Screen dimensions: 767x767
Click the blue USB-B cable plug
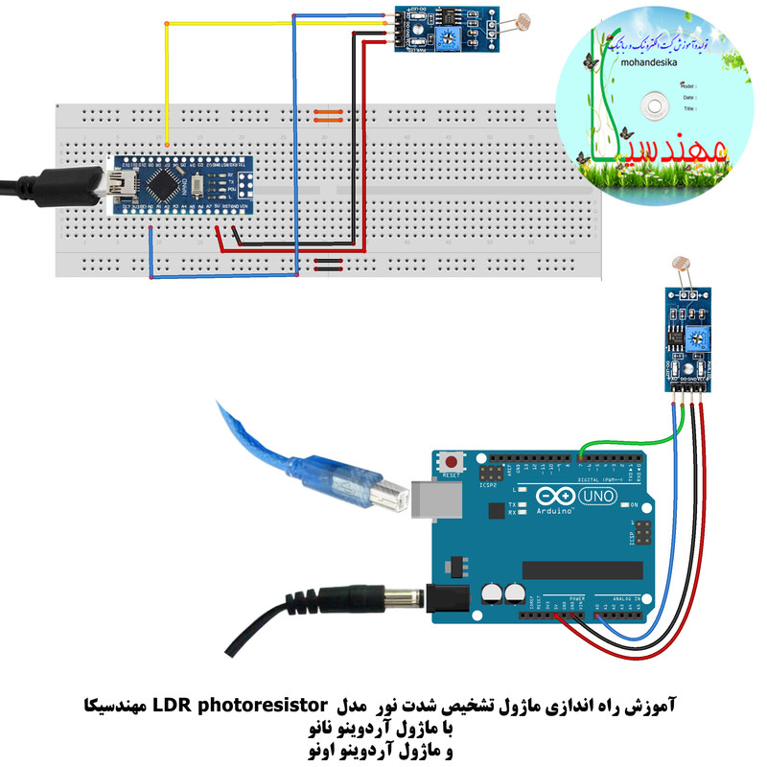point(365,488)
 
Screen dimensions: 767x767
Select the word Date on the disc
point(688,97)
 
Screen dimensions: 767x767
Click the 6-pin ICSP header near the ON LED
point(639,535)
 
